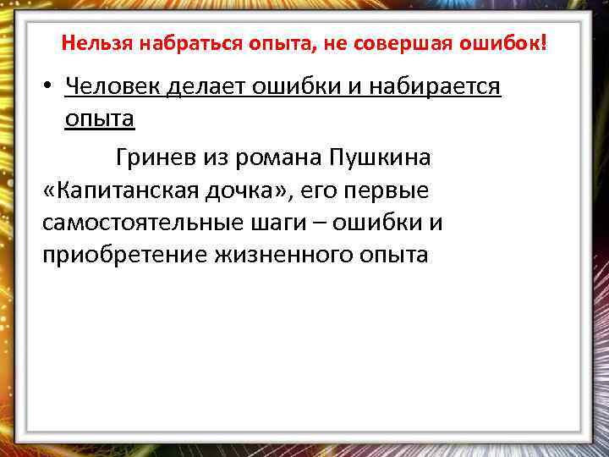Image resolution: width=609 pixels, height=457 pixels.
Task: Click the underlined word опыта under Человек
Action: (100, 119)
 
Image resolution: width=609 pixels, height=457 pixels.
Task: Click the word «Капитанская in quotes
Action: (118, 190)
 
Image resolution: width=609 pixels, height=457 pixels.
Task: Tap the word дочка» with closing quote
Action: (245, 190)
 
